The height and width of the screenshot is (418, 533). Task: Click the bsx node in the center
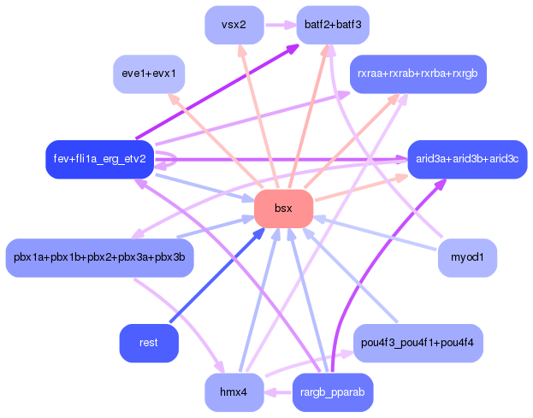(x=283, y=209)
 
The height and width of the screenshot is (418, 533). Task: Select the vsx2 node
(x=234, y=25)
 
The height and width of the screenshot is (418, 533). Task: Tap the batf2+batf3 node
(x=333, y=25)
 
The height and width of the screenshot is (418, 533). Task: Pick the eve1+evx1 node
(x=149, y=74)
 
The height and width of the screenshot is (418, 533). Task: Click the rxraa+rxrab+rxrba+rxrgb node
(x=418, y=74)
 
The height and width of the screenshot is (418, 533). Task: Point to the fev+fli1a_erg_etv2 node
(x=99, y=159)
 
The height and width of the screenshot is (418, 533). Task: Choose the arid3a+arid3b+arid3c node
(x=467, y=159)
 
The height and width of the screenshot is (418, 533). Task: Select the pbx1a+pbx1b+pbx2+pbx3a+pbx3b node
(x=99, y=258)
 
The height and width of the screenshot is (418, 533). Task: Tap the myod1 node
(x=467, y=258)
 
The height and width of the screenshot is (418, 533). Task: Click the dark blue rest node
(x=149, y=343)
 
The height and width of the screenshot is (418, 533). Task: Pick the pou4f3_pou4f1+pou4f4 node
(x=418, y=343)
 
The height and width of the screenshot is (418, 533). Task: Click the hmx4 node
(x=234, y=392)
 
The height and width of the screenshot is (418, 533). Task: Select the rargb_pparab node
(x=333, y=392)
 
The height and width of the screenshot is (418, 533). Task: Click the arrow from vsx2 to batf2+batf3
(x=281, y=25)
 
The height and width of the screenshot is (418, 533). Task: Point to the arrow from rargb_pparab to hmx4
(x=278, y=392)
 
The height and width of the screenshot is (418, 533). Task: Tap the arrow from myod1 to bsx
(x=375, y=233)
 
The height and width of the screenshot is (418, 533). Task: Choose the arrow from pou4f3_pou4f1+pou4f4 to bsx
(x=349, y=275)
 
